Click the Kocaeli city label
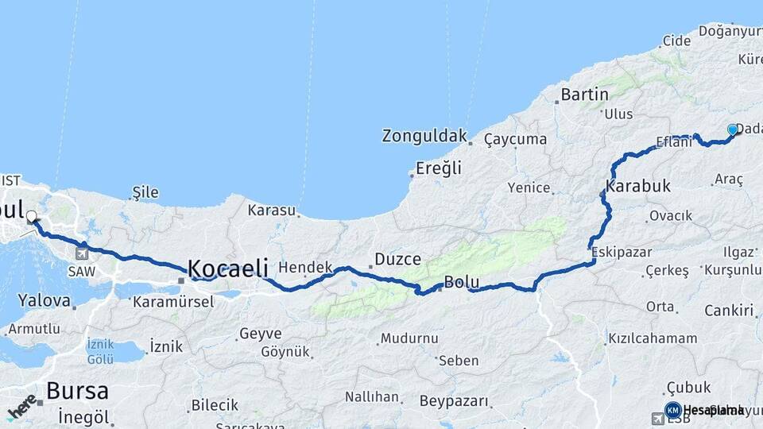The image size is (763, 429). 227,269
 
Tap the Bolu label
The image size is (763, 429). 461,282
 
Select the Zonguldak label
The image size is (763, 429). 424,136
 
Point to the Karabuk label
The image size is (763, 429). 638,187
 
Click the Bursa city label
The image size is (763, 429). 76,391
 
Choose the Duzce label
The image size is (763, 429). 397,259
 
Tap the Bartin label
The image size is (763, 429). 584,95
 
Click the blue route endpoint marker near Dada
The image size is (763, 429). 733,129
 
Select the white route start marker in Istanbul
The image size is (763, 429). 32,216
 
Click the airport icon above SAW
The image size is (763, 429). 82,253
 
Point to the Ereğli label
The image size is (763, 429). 439,168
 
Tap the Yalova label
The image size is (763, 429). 39,300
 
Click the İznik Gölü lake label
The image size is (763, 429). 100,351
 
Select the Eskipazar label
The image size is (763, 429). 622,252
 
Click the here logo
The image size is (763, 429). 21,404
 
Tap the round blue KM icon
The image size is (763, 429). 672,410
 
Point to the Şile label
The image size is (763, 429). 145,192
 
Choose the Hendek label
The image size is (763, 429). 304,268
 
